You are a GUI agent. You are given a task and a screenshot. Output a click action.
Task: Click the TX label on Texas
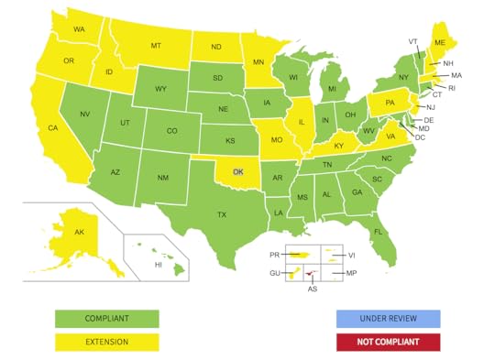click(221, 214)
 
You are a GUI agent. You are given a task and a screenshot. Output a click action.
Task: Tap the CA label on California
click(53, 128)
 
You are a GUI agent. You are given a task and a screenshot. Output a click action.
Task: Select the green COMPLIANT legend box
click(106, 319)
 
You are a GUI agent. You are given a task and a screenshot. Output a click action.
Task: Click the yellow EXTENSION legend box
click(106, 342)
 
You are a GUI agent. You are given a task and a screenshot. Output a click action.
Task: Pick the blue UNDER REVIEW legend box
click(388, 319)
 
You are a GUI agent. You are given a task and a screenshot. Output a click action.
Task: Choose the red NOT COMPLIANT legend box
click(388, 342)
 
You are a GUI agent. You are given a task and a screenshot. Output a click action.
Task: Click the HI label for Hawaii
click(158, 265)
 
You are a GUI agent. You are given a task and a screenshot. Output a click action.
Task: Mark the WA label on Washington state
click(80, 29)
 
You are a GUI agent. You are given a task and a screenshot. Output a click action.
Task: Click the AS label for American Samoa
click(313, 289)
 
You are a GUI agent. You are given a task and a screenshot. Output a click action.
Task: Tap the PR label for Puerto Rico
click(274, 255)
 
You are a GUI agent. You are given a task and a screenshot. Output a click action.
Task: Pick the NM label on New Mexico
click(162, 178)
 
